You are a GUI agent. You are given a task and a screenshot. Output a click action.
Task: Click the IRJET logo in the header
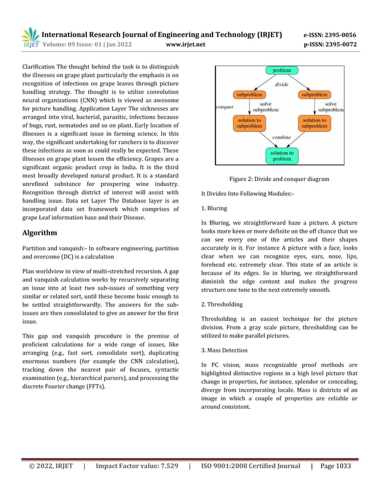[x=30, y=37]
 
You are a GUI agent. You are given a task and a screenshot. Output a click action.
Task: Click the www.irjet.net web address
[x=187, y=44]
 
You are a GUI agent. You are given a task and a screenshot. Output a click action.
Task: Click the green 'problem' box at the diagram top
[x=282, y=71]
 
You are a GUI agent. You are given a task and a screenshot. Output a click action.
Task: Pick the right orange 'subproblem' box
[x=313, y=94]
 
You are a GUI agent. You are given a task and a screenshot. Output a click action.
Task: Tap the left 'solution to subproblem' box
[x=249, y=123]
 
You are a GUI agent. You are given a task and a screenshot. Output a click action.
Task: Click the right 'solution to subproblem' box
[x=313, y=123]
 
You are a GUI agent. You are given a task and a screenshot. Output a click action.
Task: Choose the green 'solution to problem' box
[x=282, y=156]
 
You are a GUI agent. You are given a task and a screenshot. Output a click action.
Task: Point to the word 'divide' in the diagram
[x=281, y=85]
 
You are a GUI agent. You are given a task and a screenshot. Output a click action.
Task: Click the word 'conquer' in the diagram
[x=224, y=107]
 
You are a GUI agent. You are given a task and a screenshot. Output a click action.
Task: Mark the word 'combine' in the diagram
[x=281, y=138]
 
